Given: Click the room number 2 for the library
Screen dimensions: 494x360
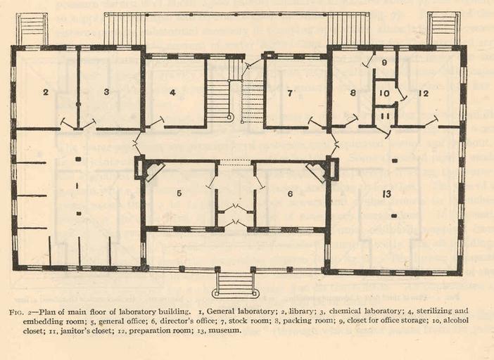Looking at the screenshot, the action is point(46,92).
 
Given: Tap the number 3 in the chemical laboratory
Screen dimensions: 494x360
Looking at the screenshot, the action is point(106,92).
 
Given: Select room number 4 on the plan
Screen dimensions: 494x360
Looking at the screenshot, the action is point(172,93).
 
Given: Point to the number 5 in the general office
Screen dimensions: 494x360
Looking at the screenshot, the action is point(179,193).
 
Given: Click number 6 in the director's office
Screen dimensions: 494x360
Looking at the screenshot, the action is point(290,194).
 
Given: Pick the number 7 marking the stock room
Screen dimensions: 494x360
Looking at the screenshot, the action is point(290,93).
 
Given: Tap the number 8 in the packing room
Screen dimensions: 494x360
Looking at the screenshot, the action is point(353,93).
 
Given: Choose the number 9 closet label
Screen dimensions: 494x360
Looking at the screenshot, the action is point(384,63).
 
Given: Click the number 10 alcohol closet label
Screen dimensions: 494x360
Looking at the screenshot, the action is point(384,94).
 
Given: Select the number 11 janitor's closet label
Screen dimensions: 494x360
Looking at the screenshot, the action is point(385,116).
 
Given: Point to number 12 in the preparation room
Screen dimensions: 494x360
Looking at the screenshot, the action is point(424,93).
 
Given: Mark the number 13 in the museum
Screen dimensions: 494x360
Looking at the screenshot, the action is point(386,194).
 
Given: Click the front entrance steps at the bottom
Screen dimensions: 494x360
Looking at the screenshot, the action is point(234,285).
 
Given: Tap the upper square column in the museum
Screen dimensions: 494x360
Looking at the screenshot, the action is point(395,161).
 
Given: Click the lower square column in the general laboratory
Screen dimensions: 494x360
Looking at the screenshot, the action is point(79,214).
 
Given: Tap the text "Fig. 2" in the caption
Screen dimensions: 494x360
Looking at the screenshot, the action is point(20,312).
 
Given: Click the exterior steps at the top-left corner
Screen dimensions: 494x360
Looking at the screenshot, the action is point(32,29).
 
